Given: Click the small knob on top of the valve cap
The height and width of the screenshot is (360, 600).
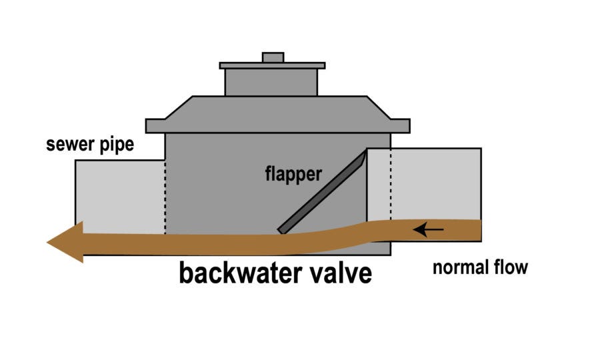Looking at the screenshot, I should pyautogui.click(x=273, y=57).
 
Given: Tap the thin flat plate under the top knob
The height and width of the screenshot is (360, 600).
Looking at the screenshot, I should pyautogui.click(x=272, y=66).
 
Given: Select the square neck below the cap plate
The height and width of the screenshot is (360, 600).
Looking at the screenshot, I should pyautogui.click(x=271, y=82).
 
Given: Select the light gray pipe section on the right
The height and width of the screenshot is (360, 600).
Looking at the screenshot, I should pyautogui.click(x=437, y=183).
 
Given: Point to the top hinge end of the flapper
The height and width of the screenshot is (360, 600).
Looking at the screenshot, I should pyautogui.click(x=364, y=155).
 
